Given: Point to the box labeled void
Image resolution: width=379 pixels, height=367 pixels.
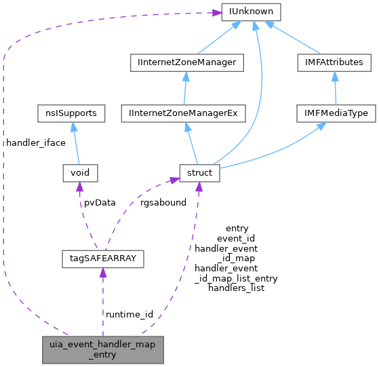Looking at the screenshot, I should [79, 173].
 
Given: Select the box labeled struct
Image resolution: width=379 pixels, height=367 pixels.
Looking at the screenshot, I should [197, 173].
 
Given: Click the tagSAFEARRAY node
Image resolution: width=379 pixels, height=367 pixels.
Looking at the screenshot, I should [101, 258].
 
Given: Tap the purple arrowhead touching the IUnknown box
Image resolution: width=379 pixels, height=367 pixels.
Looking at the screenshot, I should [217, 12].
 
